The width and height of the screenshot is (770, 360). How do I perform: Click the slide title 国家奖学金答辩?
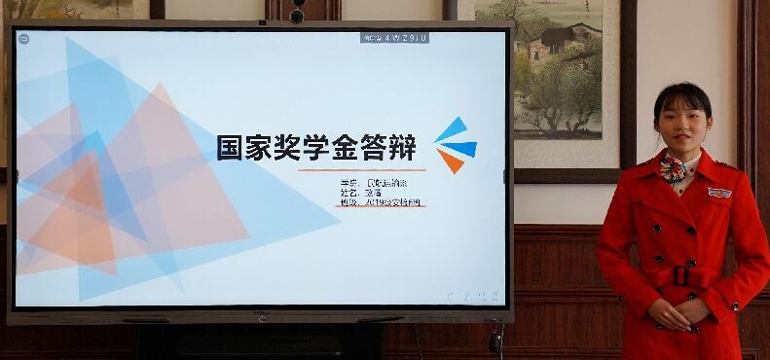point(316,148)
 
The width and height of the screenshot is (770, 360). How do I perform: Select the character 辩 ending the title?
point(402,148)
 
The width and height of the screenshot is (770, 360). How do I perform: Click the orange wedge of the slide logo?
point(449,161)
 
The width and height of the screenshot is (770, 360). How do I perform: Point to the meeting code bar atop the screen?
point(395,38)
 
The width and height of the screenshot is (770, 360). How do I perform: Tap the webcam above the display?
point(297,15)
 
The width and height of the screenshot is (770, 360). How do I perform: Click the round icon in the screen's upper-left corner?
point(24,38)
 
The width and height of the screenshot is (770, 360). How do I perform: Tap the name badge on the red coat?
point(719,193)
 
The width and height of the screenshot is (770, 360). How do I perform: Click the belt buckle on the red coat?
point(681,276)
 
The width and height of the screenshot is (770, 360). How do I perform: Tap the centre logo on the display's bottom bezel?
point(261,314)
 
